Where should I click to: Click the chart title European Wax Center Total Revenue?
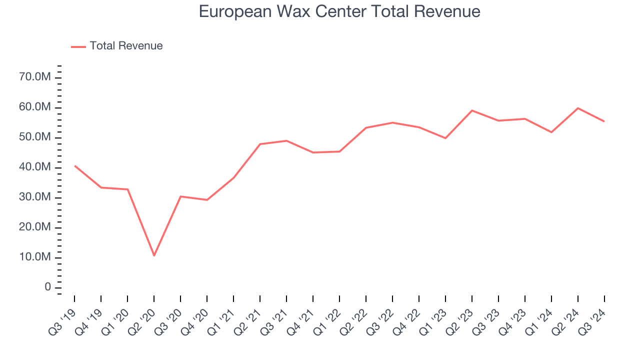[339, 11]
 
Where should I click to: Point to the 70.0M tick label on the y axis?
[35, 77]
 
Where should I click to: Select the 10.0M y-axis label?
[35, 257]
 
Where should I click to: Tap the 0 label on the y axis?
[48, 287]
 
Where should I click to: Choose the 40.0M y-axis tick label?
[35, 167]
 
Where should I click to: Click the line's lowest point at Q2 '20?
[154, 255]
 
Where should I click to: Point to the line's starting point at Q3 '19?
[74, 165]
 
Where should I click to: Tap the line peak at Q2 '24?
[578, 108]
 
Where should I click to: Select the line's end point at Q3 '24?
[604, 121]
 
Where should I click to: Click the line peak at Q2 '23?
[472, 110]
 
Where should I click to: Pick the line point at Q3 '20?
[180, 196]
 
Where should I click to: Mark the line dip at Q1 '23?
[445, 138]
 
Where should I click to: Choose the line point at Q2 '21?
[260, 144]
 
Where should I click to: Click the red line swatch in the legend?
[78, 46]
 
